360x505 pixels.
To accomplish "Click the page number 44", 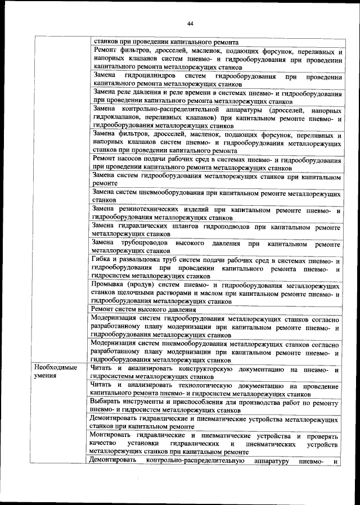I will point(190,23).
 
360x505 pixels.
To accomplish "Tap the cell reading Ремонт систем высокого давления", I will point(144,309).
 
